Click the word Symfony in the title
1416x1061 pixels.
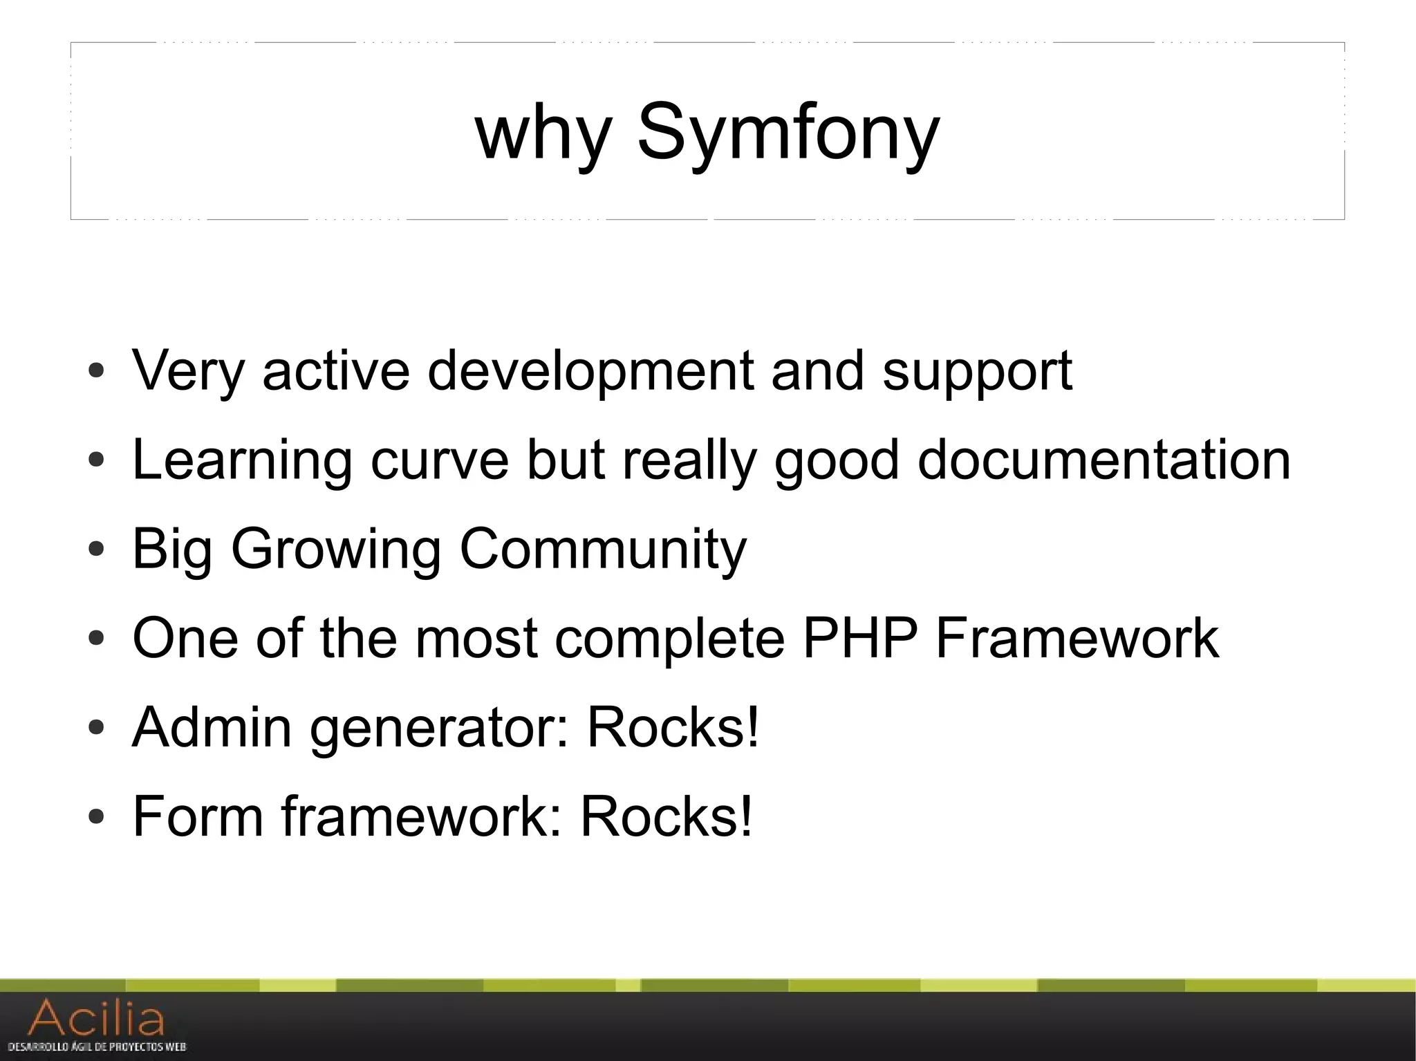click(x=788, y=133)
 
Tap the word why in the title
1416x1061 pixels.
click(x=544, y=133)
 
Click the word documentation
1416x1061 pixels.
click(x=1103, y=460)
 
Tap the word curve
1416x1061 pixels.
click(x=440, y=460)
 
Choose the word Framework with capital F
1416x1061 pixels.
click(x=1077, y=638)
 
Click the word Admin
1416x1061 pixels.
click(x=212, y=727)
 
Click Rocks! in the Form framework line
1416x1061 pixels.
click(x=666, y=816)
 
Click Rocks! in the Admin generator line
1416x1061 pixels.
click(x=673, y=727)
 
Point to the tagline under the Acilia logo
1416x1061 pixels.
click(x=97, y=1046)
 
